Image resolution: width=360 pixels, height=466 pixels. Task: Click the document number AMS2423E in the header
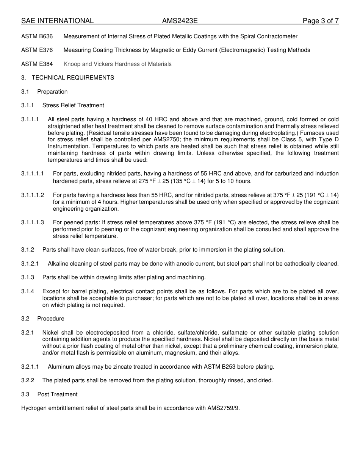coord(180,21)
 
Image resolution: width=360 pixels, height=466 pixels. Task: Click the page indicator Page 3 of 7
coord(320,21)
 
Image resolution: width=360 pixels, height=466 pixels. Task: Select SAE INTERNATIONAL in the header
coord(57,21)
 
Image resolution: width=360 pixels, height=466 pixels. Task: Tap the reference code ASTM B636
coord(37,36)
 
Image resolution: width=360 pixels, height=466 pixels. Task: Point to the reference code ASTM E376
coord(37,50)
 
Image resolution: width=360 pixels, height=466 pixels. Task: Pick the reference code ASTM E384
coord(37,64)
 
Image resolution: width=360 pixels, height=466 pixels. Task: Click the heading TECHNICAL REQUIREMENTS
coord(73,78)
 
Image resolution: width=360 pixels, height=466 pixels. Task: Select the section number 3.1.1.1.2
coord(33,195)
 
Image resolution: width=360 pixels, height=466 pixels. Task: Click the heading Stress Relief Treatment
coord(73,105)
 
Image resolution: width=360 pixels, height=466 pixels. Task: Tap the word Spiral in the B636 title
coord(249,36)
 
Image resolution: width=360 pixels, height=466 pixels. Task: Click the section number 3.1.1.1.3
coord(33,222)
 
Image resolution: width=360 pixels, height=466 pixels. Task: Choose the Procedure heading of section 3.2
coord(51,319)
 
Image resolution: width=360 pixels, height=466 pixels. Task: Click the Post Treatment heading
coord(57,394)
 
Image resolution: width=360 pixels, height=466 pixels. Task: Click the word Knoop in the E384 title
coord(71,64)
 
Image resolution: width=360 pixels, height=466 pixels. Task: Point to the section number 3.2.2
coord(28,380)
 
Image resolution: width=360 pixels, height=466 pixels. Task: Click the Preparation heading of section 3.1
coord(52,92)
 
